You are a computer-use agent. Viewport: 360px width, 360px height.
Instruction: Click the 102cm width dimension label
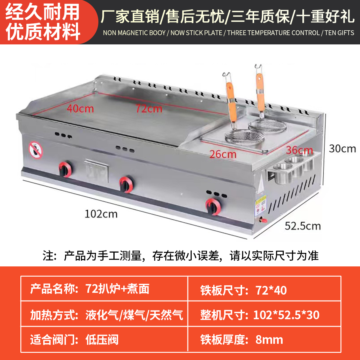(101, 214)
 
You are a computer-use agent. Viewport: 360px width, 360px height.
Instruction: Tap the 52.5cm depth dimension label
(302, 226)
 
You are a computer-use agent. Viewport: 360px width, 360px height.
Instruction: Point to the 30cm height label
(342, 148)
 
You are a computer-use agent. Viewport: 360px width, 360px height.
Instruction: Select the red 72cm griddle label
(149, 108)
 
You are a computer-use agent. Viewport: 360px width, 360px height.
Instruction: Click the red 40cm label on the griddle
(80, 108)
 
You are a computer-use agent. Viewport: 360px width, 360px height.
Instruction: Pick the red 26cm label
(223, 154)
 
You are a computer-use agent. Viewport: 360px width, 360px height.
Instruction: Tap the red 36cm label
(299, 150)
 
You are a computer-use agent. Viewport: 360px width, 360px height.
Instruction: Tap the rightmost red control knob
(213, 206)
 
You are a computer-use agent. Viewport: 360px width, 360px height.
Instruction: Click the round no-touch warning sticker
(36, 150)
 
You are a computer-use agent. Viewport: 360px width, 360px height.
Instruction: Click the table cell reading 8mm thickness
(269, 340)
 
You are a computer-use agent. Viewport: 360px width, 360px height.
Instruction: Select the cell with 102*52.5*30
(286, 315)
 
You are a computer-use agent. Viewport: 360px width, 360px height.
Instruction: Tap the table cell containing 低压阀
(102, 340)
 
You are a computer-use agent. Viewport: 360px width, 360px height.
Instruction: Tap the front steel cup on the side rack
(283, 173)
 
